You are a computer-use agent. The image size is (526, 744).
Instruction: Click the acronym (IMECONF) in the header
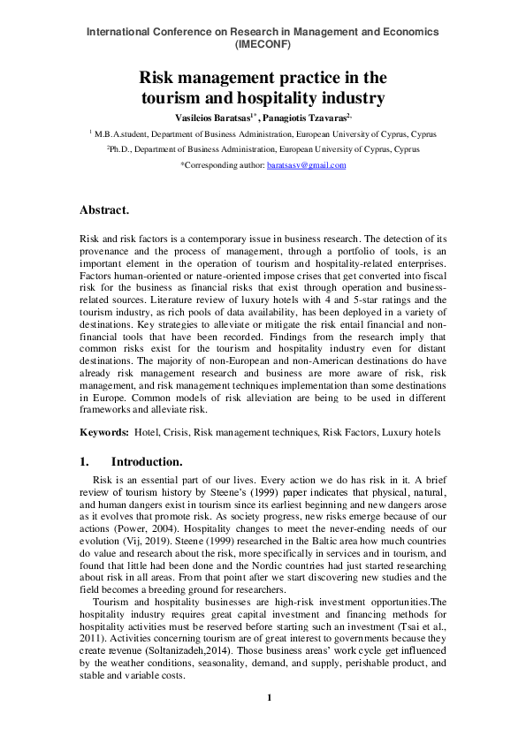pyautogui.click(x=263, y=44)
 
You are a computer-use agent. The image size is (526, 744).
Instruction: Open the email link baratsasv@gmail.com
pyautogui.click(x=306, y=165)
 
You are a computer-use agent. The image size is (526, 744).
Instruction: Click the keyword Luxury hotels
pyautogui.click(x=409, y=433)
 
